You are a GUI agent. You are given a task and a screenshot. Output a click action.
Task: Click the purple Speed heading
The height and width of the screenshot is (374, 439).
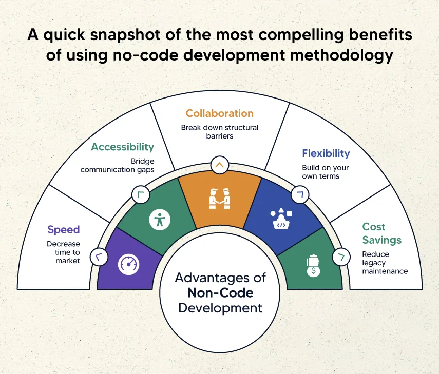64,230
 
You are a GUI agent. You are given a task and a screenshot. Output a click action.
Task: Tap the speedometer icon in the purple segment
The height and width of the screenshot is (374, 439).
128,264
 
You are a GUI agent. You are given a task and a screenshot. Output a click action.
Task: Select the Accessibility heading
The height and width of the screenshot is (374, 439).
122,147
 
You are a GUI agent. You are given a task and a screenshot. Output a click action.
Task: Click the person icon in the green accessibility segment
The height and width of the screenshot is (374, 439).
159,220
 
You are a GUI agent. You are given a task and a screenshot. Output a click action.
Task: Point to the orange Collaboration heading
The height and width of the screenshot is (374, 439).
219,113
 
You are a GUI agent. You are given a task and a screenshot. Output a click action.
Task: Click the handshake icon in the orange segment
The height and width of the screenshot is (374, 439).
219,198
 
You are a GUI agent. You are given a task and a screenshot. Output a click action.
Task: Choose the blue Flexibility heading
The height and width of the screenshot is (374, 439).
326,153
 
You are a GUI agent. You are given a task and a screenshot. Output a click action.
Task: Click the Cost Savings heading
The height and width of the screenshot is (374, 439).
381,233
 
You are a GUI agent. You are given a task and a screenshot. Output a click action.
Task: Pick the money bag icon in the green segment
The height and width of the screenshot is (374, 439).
312,266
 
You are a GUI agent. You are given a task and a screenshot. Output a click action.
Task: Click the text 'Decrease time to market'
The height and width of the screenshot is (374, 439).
64,252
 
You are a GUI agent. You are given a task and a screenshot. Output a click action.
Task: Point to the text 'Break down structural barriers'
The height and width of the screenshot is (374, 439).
219,132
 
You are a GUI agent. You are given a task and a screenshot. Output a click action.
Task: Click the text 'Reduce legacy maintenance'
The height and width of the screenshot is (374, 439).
378,262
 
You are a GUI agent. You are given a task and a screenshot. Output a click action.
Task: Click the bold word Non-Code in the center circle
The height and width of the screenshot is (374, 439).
220,293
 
